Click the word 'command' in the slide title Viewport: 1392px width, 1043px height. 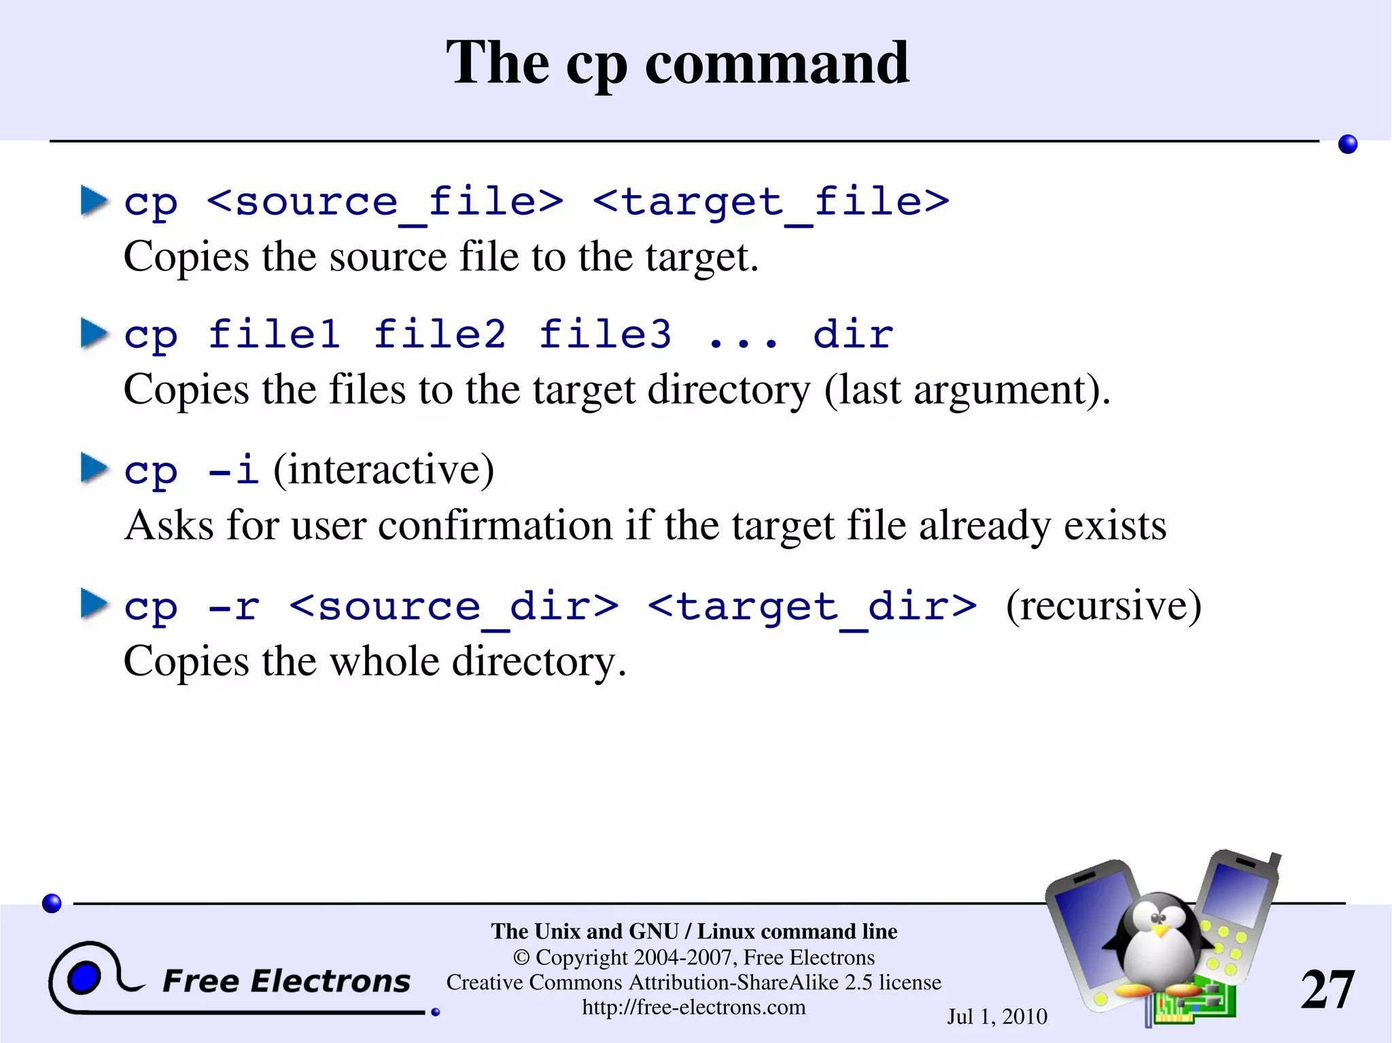point(776,63)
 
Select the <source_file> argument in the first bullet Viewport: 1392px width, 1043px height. point(385,202)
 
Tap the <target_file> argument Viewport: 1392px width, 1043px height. point(771,202)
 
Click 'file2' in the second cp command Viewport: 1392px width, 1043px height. point(440,334)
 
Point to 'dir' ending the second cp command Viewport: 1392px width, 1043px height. point(853,334)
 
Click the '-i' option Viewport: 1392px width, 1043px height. point(233,470)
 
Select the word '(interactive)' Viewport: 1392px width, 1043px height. point(383,470)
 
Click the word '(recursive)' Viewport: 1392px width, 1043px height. point(1103,605)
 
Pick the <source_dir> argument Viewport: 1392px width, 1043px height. point(454,606)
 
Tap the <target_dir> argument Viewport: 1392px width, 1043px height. point(812,606)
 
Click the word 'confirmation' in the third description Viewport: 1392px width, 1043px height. point(495,526)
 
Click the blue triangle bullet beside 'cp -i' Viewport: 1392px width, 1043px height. point(94,468)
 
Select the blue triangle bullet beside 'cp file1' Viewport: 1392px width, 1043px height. point(94,333)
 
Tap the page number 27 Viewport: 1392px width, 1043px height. point(1327,989)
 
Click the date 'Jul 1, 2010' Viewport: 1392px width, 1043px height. point(997,1017)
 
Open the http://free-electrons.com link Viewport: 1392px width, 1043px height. point(694,1007)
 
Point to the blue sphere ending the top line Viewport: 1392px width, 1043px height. point(1347,144)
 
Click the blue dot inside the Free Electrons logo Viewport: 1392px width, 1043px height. point(84,978)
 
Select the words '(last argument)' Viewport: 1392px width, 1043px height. point(967,391)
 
